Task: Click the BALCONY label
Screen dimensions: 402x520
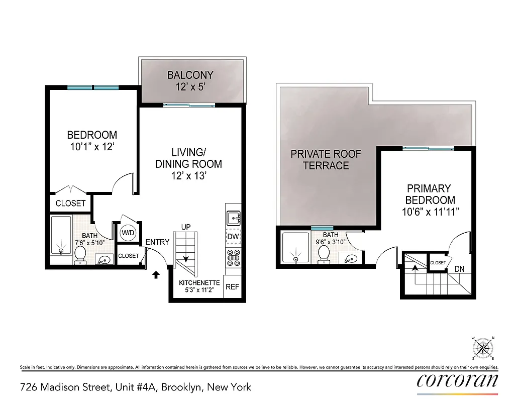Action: (x=190, y=75)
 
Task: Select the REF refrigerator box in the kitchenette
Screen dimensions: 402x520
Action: (x=232, y=287)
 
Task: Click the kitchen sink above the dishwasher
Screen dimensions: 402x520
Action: (x=233, y=218)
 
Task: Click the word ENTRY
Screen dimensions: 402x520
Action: (x=157, y=242)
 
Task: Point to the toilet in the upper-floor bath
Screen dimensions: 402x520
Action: (x=324, y=255)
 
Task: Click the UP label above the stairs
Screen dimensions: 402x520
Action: (x=186, y=227)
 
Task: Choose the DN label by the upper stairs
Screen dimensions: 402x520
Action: (x=459, y=269)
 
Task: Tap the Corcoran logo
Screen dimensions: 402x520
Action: (x=457, y=381)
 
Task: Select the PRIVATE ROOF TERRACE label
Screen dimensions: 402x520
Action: (x=326, y=160)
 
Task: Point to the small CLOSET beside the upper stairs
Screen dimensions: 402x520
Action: (x=438, y=263)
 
